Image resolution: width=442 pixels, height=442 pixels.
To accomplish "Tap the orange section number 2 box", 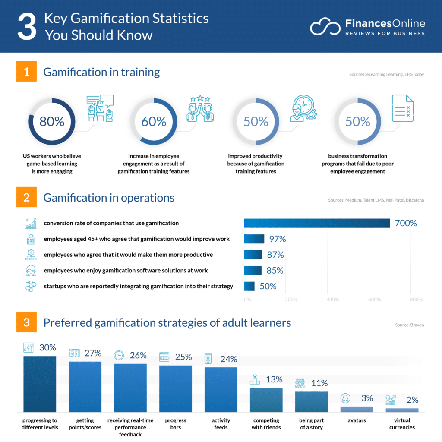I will [x=27, y=198].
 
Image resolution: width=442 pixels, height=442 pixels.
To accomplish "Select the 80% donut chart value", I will [x=52, y=122].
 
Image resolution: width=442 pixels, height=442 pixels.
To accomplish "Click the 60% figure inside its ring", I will [x=154, y=122].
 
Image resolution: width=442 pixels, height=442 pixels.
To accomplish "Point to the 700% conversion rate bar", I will [x=317, y=223].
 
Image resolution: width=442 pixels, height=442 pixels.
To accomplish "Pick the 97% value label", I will [x=278, y=239].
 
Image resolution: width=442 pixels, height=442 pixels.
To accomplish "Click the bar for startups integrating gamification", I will [x=249, y=286].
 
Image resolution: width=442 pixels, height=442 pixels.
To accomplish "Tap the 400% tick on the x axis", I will [x=333, y=300].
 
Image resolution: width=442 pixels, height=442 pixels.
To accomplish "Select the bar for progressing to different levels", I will [x=40, y=384].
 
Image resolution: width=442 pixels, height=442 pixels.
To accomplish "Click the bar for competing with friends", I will [x=266, y=400].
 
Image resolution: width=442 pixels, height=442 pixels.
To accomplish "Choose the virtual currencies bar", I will [x=402, y=410].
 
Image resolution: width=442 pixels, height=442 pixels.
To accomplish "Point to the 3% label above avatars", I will [x=367, y=398].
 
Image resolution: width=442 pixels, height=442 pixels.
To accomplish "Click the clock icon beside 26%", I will [x=119, y=355].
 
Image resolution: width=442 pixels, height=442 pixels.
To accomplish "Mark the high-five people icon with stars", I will [x=200, y=109].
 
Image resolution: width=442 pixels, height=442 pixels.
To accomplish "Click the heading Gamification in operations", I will [x=109, y=198].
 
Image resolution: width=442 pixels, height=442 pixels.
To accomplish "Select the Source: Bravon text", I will [x=409, y=325].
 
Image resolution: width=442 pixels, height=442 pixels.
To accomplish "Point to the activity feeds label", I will [x=221, y=424].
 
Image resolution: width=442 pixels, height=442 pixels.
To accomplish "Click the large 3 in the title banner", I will [x=27, y=27].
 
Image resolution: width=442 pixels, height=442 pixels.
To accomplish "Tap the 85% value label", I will [x=275, y=271].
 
